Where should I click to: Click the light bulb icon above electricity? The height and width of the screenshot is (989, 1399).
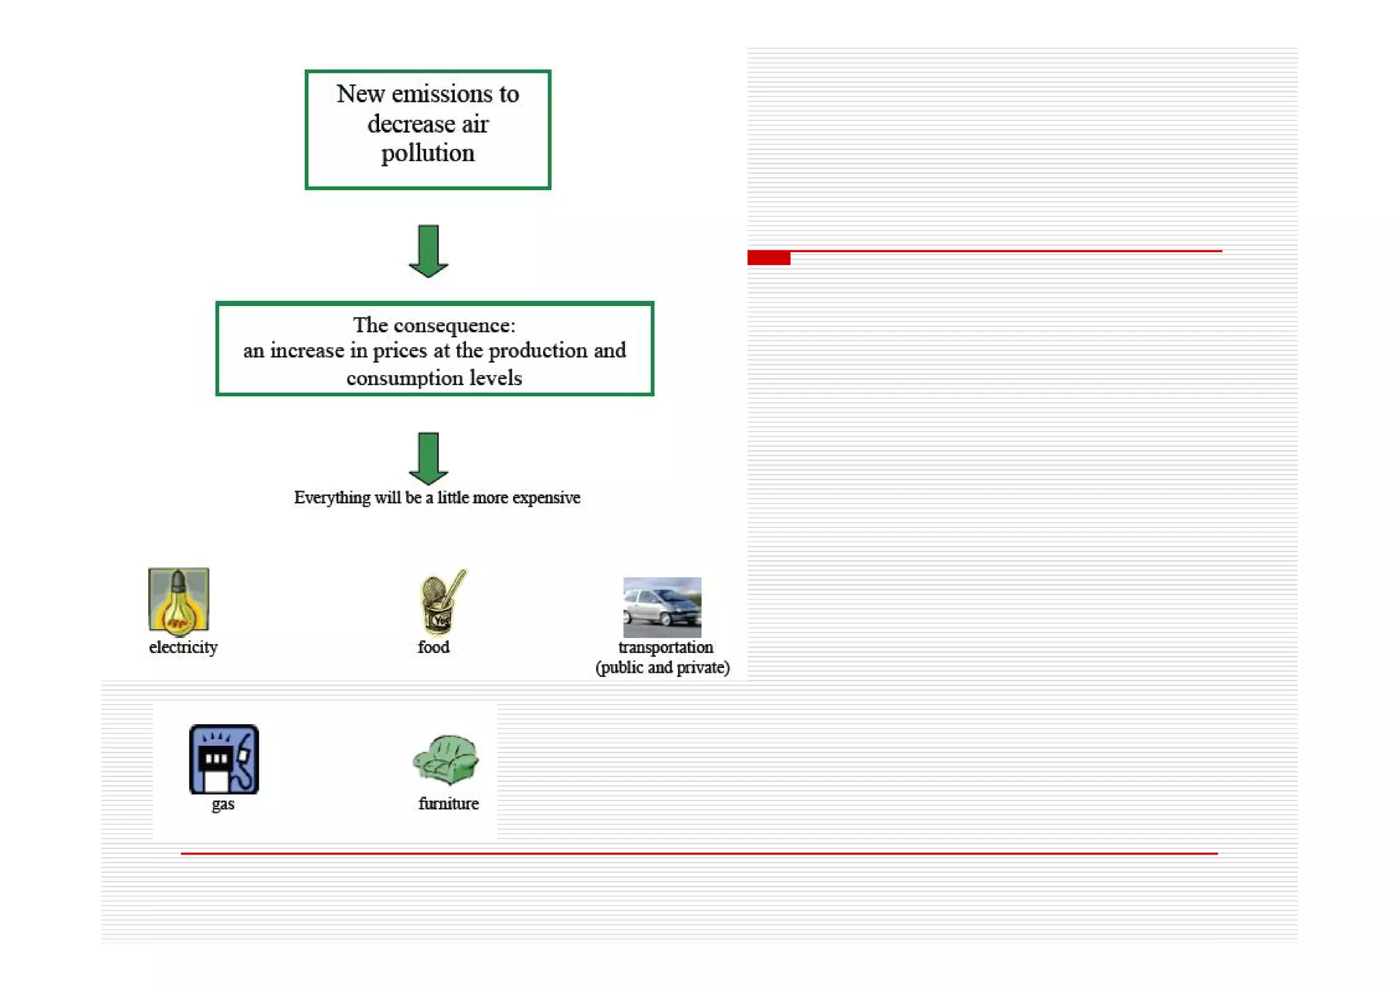click(178, 600)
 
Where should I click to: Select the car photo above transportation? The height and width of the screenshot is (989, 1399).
click(662, 607)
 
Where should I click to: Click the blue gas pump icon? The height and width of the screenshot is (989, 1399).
click(223, 759)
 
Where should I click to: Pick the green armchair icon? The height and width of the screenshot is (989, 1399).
click(446, 760)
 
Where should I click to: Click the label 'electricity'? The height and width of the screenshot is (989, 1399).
click(183, 647)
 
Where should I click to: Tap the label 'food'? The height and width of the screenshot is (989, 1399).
click(434, 647)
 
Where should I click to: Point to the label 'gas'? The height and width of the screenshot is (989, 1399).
click(223, 804)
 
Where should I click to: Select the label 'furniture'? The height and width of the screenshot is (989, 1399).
click(448, 804)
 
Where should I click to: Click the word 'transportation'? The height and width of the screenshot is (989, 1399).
click(665, 647)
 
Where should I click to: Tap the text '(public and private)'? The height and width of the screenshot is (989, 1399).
click(663, 668)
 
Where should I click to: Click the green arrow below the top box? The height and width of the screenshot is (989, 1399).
click(428, 251)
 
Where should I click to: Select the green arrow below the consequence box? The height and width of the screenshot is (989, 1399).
click(428, 458)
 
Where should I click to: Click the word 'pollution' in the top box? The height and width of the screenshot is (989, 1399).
click(428, 154)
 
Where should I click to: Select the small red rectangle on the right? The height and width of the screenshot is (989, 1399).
click(768, 257)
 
